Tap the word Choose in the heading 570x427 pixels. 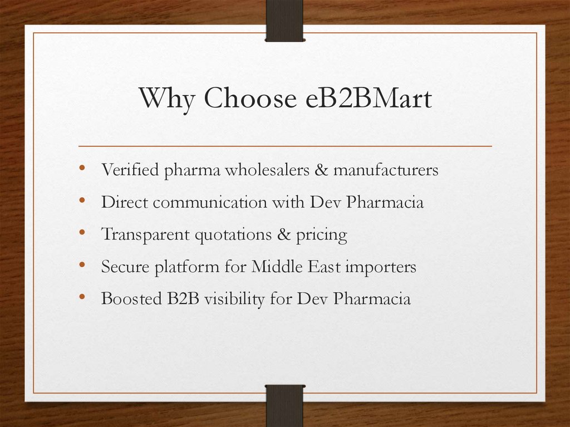pos(250,99)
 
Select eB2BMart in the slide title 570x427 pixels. pos(368,99)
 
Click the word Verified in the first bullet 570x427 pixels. pos(130,170)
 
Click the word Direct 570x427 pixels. pos(125,202)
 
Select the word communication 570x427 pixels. pos(210,202)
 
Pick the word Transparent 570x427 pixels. pos(145,235)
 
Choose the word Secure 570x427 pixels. pos(125,267)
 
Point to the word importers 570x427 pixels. pos(380,268)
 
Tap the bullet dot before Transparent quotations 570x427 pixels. pos(82,233)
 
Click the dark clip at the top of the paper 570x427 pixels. pos(284,20)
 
